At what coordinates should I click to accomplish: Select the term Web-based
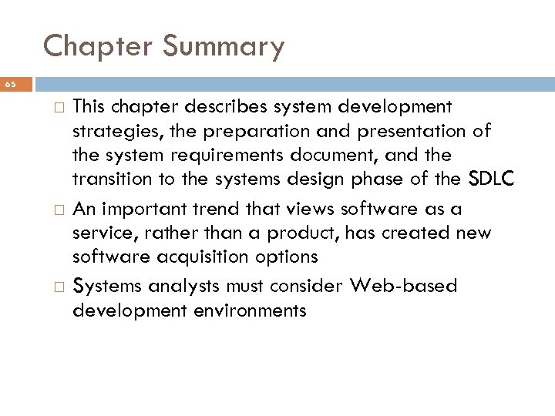point(405,286)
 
